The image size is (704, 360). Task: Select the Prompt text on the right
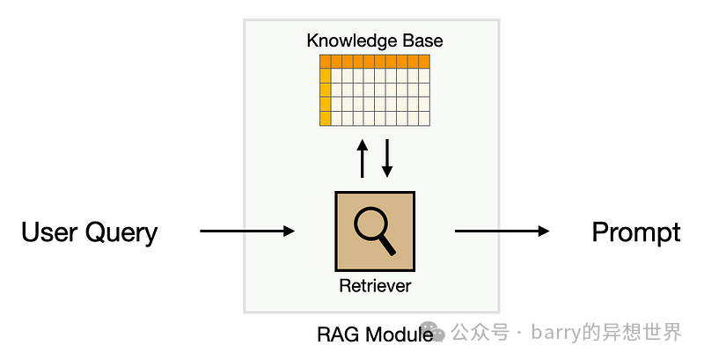tap(635, 232)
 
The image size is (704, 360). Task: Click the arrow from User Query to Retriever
tap(247, 231)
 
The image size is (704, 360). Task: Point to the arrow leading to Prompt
tap(502, 231)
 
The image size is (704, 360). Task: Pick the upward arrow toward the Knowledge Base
tap(362, 158)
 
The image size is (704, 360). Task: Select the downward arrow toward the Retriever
tap(386, 158)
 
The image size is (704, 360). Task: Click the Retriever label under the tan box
tap(375, 286)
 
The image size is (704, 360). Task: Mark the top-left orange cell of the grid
tap(325, 62)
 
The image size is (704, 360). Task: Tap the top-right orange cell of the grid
tap(424, 62)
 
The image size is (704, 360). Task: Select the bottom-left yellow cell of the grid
tap(325, 118)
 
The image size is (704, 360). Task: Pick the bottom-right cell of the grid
tap(424, 118)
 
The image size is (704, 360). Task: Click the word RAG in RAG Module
tap(335, 335)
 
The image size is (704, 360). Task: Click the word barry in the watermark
tap(557, 333)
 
